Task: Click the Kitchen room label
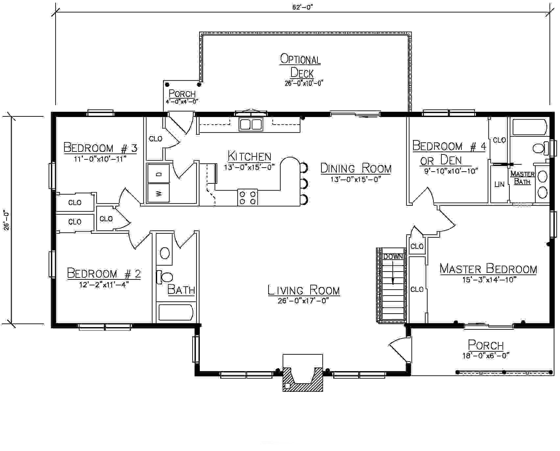click(x=249, y=156)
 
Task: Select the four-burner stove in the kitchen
click(x=247, y=197)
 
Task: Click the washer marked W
click(x=158, y=193)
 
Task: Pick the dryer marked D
click(x=158, y=174)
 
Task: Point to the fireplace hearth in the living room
click(x=303, y=373)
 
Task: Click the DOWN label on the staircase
click(x=393, y=257)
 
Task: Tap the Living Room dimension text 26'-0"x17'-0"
click(x=303, y=300)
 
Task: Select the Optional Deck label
click(x=300, y=66)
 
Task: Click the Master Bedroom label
click(x=488, y=269)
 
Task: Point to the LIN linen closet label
click(x=499, y=184)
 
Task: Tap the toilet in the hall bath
click(x=164, y=277)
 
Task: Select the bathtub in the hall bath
click(x=175, y=313)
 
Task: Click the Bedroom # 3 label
click(x=100, y=148)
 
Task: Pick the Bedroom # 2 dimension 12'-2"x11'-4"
click(x=104, y=285)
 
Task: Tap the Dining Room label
click(x=356, y=169)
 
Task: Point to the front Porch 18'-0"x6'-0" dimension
click(x=486, y=355)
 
